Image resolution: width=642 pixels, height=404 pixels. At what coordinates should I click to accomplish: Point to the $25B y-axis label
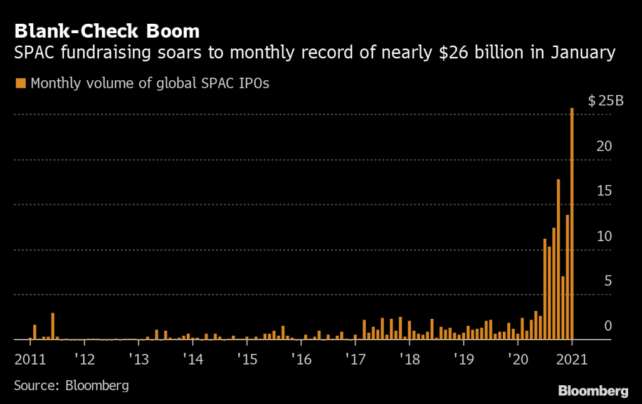click(x=606, y=102)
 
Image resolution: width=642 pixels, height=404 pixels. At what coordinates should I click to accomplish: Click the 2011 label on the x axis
click(x=29, y=360)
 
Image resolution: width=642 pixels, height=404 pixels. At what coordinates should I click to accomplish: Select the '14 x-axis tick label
click(x=192, y=360)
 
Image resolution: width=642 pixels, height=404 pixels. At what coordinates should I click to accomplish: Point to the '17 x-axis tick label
click(x=355, y=360)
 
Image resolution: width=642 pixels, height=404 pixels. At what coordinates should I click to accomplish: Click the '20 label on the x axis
click(x=518, y=360)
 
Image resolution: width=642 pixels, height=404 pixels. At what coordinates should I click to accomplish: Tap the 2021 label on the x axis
click(x=572, y=360)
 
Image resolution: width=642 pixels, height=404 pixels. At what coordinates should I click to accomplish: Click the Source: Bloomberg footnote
click(x=71, y=385)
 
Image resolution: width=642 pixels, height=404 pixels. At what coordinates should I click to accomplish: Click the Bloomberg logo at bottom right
click(x=592, y=391)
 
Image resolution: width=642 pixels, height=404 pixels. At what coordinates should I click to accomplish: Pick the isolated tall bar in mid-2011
click(x=53, y=326)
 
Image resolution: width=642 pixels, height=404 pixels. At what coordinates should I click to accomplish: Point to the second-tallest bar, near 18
click(x=558, y=259)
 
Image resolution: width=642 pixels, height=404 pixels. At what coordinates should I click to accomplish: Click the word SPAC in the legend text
click(x=203, y=83)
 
